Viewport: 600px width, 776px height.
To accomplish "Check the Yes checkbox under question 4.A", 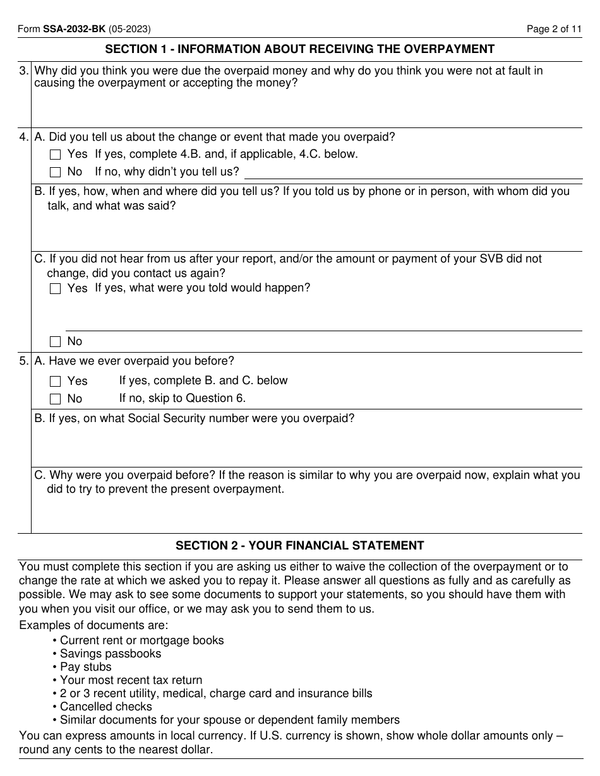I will pos(55,155).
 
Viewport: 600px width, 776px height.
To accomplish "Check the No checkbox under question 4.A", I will pos(55,172).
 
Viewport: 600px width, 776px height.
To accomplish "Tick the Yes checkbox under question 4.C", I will pos(55,289).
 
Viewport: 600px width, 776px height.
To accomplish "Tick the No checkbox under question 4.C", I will pos(55,342).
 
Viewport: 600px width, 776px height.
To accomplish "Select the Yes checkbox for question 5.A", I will pos(55,382).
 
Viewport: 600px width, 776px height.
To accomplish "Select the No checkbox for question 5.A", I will pos(55,399).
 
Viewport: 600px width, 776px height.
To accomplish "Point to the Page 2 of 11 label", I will pos(554,28).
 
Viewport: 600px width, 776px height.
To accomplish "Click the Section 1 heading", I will pos(299,49).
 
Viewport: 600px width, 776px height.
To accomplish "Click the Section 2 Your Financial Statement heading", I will pos(299,546).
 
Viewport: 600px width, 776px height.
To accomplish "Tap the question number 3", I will pos(23,71).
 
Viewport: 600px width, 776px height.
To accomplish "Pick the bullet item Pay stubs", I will pos(85,667).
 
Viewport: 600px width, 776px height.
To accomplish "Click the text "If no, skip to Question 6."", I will pos(183,398).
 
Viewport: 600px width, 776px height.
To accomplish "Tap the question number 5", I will pos(23,361).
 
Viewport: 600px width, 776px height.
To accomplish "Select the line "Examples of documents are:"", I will pos(94,625).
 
